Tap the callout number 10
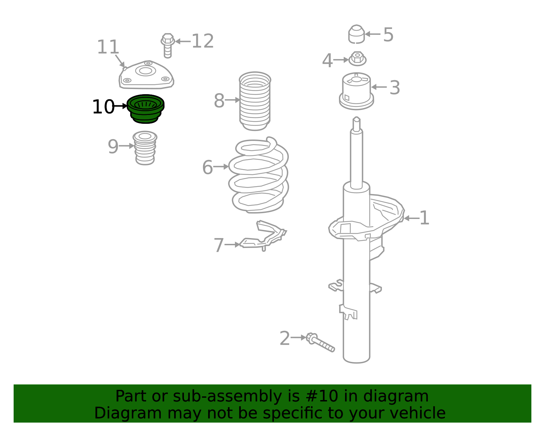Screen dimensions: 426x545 103,107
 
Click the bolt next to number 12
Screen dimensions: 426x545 167,45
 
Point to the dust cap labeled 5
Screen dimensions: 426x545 356,34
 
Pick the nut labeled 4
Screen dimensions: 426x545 357,59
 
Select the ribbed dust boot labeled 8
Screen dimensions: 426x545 255,101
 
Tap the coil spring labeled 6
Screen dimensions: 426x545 258,176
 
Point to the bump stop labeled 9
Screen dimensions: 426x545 145,148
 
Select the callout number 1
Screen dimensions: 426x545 424,218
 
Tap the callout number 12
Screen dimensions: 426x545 202,41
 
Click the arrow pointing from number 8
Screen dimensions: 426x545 233,100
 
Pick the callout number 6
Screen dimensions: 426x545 207,167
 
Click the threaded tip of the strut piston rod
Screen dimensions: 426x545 356,123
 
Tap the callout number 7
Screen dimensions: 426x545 219,245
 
